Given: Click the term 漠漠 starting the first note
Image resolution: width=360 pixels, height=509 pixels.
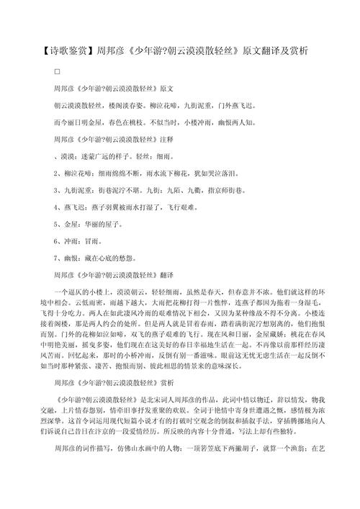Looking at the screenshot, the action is (x=67, y=155).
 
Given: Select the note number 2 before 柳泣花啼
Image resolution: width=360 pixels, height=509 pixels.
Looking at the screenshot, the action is (x=56, y=172).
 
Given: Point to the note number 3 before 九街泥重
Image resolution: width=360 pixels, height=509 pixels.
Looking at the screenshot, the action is (x=56, y=189).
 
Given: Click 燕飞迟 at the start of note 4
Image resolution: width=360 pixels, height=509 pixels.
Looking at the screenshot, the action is (x=73, y=207).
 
